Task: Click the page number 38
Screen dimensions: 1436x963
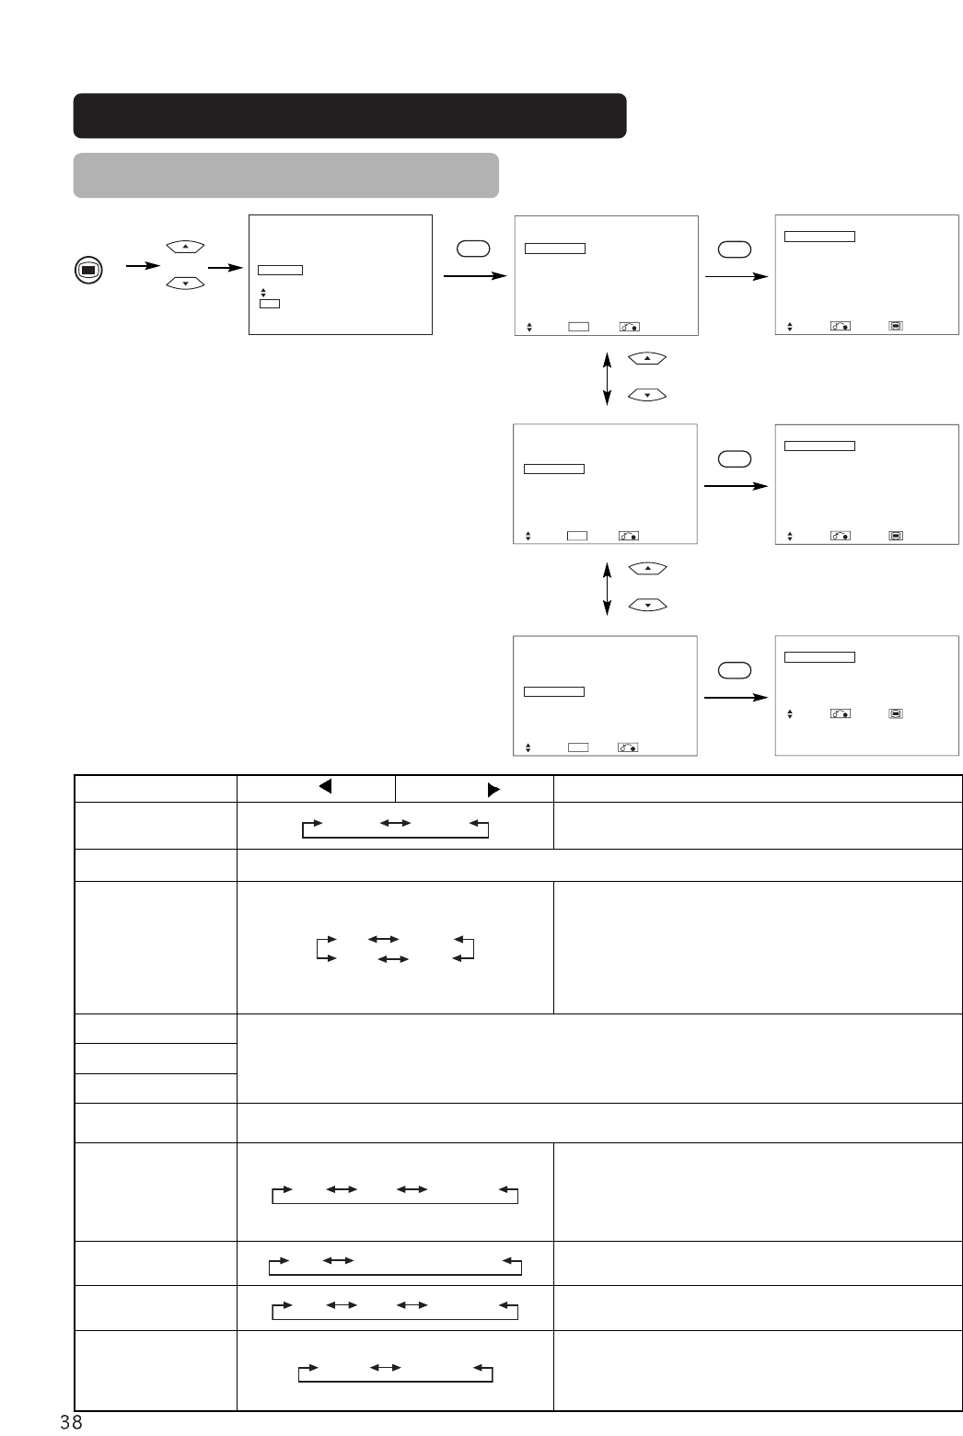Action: pyautogui.click(x=71, y=1421)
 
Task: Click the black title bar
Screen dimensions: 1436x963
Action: pyautogui.click(x=350, y=115)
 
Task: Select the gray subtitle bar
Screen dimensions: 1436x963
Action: pyautogui.click(x=285, y=175)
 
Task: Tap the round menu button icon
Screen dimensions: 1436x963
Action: pyautogui.click(x=88, y=270)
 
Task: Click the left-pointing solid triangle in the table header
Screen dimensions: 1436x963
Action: pyautogui.click(x=324, y=787)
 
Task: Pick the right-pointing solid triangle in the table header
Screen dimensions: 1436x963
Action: pyautogui.click(x=493, y=789)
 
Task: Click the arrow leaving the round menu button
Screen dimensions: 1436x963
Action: pyautogui.click(x=142, y=267)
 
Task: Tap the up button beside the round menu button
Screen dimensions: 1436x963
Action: pyautogui.click(x=185, y=247)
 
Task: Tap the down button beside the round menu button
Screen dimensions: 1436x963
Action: pyautogui.click(x=185, y=284)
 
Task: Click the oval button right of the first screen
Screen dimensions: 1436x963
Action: pyautogui.click(x=472, y=249)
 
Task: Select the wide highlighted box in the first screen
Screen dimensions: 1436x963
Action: pyautogui.click(x=280, y=270)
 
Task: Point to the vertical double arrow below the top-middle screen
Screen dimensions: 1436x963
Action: pyautogui.click(x=607, y=376)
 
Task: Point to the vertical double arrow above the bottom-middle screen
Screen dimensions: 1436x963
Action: pyautogui.click(x=607, y=588)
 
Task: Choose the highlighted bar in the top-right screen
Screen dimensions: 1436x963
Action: pyautogui.click(x=819, y=237)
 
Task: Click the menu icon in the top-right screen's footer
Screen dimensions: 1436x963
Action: pyautogui.click(x=896, y=326)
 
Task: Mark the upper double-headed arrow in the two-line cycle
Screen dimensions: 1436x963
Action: pyautogui.click(x=382, y=939)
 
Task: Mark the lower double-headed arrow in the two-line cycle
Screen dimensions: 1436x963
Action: pyautogui.click(x=394, y=959)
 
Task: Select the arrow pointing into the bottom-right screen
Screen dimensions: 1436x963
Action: pyautogui.click(x=736, y=698)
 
